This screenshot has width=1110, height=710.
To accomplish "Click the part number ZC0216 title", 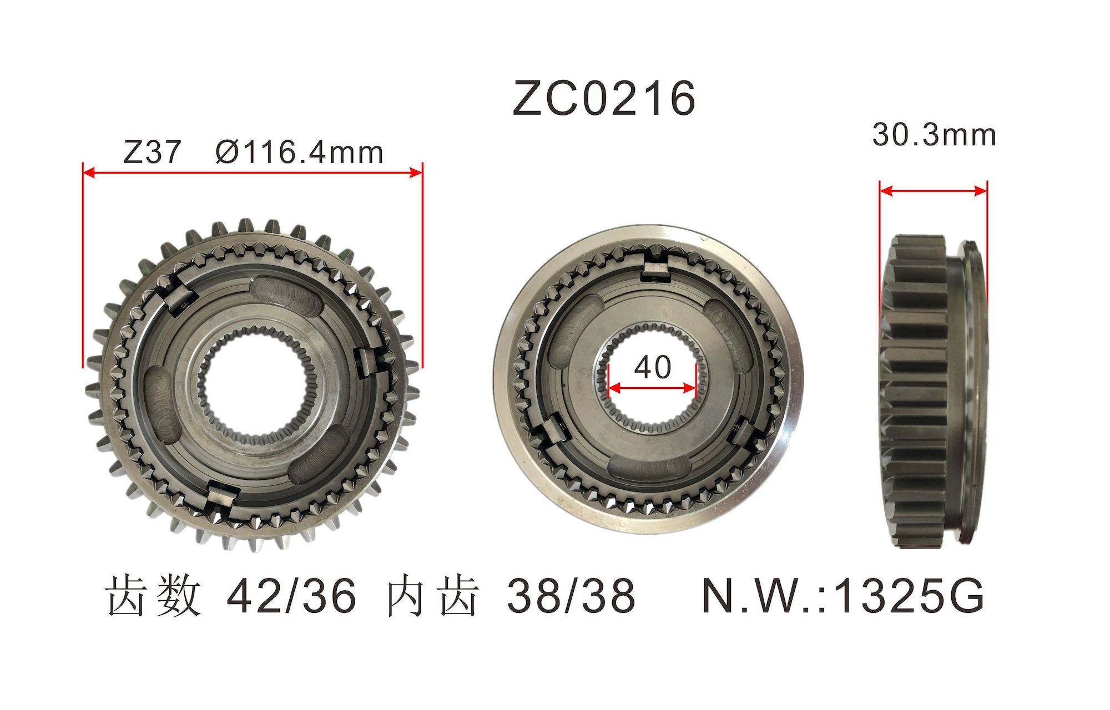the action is (604, 98).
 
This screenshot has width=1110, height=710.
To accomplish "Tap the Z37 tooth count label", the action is (152, 152).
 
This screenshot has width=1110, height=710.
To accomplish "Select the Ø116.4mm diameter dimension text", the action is (299, 152).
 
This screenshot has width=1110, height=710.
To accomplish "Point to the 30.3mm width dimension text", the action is (934, 135).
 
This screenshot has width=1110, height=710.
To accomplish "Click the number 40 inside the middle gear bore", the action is (653, 367).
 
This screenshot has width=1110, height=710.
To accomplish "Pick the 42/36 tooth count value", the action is (291, 596).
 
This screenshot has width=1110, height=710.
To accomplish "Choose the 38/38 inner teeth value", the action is (571, 596).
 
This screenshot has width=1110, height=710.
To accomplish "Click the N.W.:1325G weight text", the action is (843, 596).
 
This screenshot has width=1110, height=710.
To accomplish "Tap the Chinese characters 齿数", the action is (154, 596).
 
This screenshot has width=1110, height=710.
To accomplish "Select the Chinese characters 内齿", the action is (433, 596).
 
